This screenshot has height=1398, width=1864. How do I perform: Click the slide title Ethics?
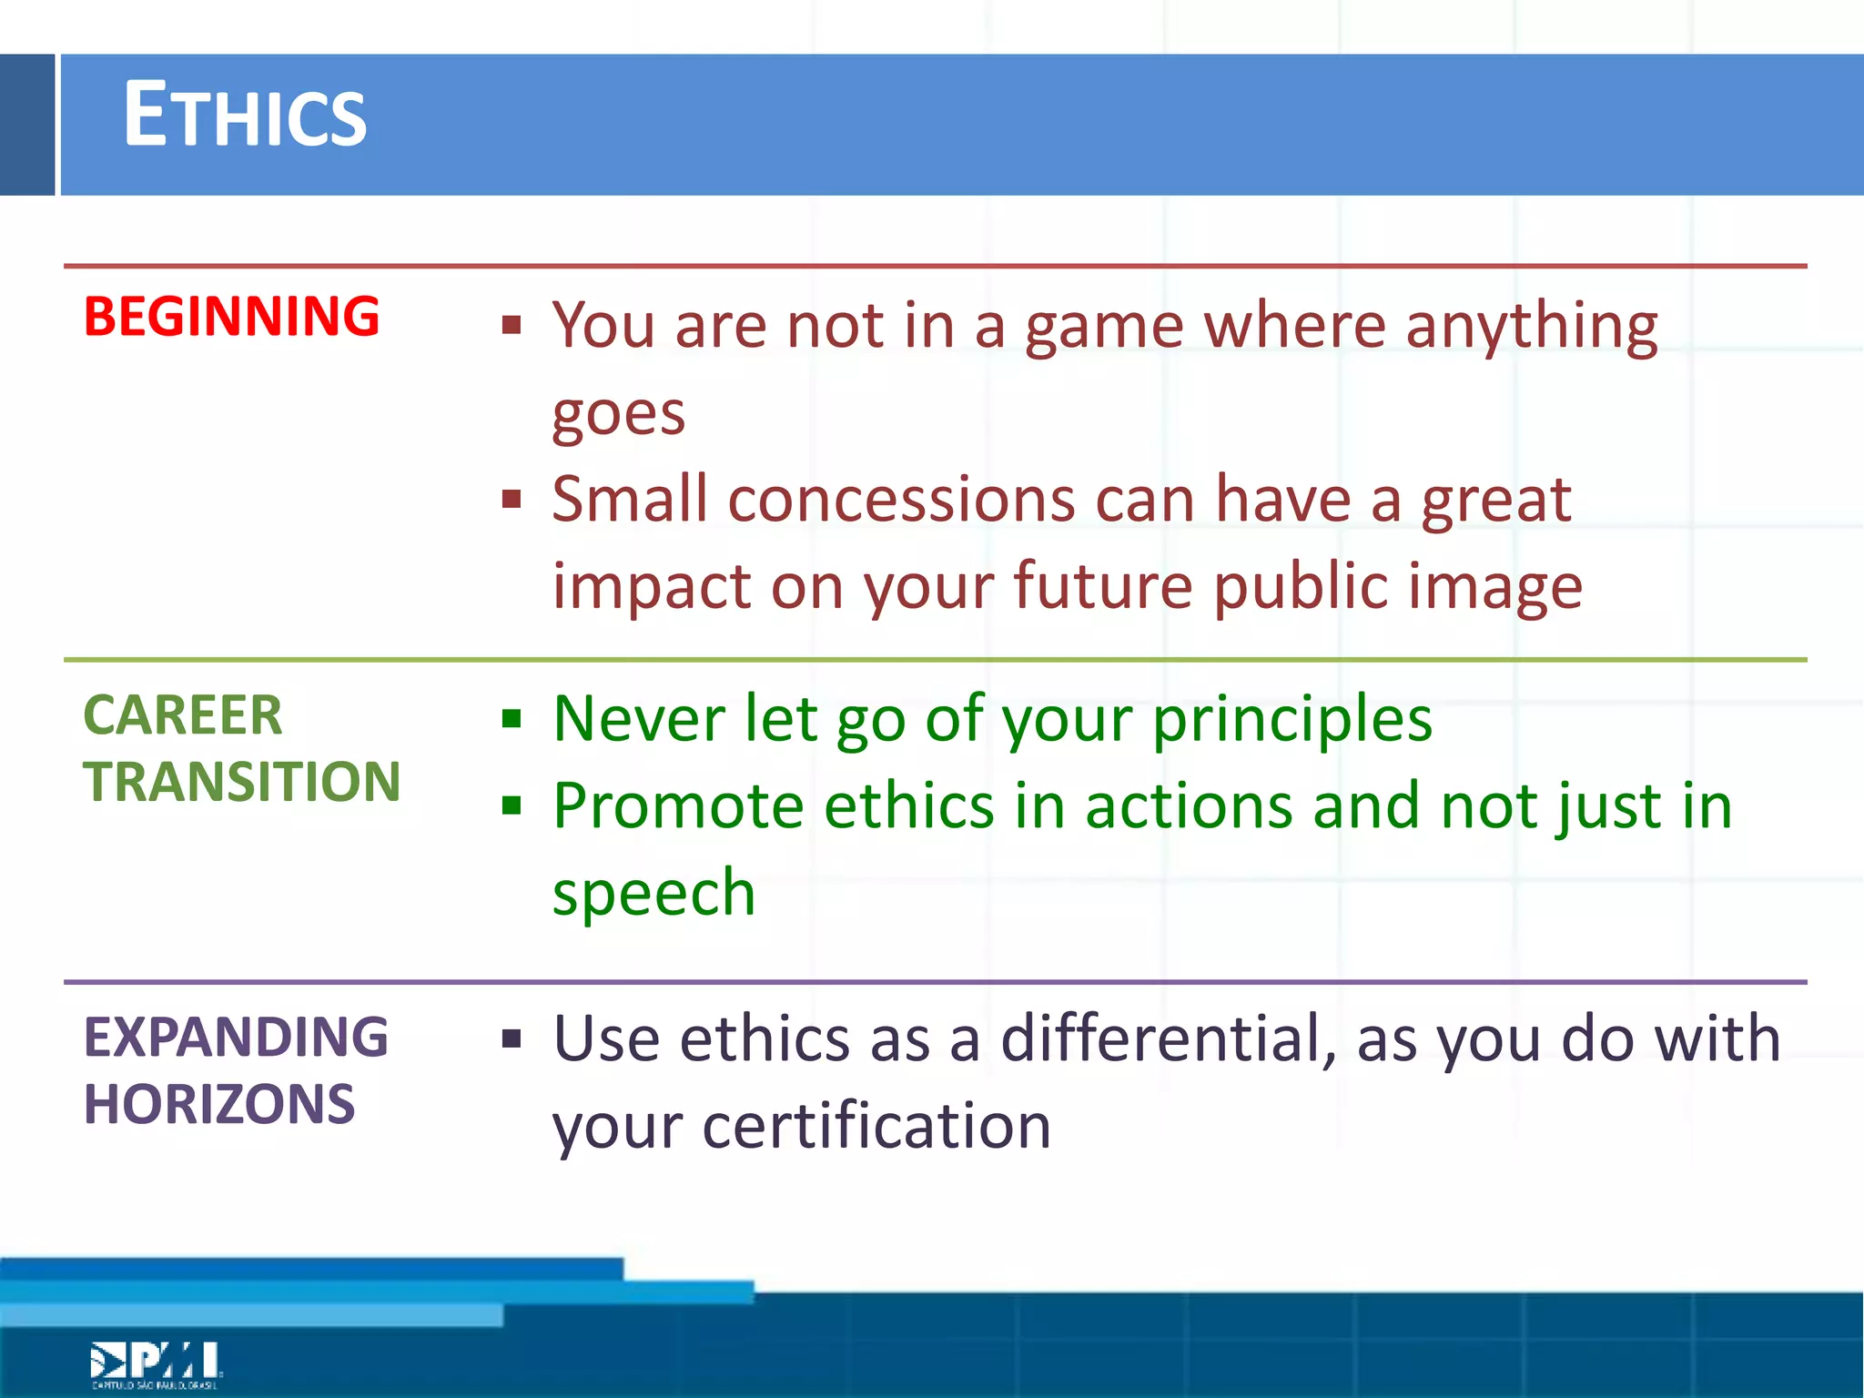[x=244, y=116]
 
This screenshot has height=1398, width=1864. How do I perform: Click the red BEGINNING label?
[x=231, y=317]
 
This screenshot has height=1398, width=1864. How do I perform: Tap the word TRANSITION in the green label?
[x=241, y=782]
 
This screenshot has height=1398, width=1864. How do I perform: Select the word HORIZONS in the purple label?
[x=218, y=1104]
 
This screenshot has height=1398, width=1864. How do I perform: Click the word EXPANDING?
[x=236, y=1038]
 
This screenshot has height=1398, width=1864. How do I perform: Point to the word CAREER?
[x=182, y=715]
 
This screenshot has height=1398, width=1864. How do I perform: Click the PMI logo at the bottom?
[x=156, y=1363]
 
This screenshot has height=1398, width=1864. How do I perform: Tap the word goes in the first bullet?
[x=618, y=415]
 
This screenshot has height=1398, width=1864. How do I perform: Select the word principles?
[x=1292, y=720]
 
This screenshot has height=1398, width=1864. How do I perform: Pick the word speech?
[x=653, y=893]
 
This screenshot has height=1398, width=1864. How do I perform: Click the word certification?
[x=876, y=1127]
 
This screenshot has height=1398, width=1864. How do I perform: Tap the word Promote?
[x=678, y=806]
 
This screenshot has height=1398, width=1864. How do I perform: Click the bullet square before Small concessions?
[x=512, y=500]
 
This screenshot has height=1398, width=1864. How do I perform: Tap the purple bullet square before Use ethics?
[x=512, y=1038]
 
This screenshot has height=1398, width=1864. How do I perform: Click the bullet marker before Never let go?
[x=512, y=720]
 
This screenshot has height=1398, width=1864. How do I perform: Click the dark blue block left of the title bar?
[x=27, y=125]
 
